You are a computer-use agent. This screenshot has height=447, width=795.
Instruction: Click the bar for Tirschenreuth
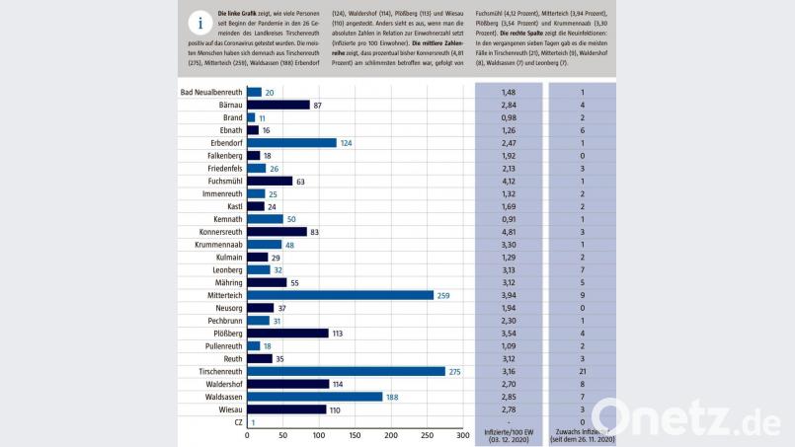point(346,371)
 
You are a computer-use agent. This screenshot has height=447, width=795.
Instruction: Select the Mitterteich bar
point(340,295)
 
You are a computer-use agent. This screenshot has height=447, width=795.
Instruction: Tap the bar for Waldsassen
point(314,397)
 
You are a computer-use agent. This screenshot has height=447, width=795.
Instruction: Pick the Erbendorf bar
point(291,143)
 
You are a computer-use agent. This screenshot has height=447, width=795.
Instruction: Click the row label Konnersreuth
point(214,232)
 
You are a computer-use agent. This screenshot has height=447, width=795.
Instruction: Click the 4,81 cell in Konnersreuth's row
point(509,232)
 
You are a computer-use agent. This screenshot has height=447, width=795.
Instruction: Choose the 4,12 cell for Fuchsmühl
point(509,182)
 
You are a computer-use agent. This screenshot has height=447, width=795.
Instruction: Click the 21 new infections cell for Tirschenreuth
point(584,371)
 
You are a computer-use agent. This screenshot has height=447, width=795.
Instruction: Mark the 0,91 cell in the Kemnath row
point(509,219)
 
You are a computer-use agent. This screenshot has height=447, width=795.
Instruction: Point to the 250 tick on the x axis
point(428,435)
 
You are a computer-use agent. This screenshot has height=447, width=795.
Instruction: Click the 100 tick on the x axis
point(319,435)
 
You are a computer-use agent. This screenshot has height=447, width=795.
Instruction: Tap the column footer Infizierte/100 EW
point(509,436)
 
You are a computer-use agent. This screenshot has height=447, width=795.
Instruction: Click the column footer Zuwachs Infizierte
point(582,436)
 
